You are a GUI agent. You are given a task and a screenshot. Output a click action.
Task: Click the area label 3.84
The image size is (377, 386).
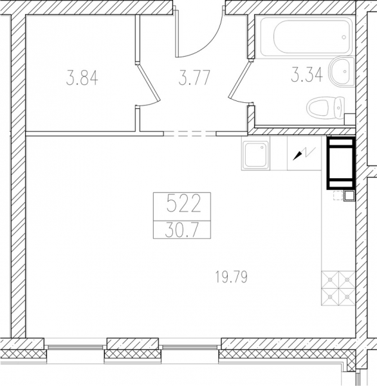[82, 78]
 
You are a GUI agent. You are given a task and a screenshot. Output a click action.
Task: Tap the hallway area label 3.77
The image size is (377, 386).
[194, 78]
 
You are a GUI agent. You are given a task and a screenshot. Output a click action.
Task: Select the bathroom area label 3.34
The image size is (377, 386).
[307, 75]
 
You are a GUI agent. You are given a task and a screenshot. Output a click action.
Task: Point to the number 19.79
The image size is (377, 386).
[231, 277]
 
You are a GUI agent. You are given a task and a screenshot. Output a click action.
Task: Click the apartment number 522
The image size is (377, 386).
[183, 203]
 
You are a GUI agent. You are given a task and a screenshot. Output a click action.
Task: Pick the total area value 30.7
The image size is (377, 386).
[181, 230]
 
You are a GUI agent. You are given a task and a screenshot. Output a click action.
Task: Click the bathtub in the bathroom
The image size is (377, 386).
[304, 37]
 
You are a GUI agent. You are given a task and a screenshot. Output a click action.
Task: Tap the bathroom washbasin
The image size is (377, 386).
[342, 71]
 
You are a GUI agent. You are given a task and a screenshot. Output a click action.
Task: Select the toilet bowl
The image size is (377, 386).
[326, 107]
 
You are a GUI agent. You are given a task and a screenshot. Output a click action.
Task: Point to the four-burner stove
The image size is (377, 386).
[338, 288]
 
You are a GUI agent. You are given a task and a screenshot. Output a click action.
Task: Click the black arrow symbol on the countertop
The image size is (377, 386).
[297, 156]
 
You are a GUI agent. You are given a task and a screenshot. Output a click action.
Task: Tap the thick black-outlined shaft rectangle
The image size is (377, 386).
[341, 163]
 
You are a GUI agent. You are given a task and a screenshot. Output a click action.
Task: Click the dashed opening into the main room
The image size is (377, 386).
[190, 134]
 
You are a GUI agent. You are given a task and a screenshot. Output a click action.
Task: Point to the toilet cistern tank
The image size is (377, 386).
[340, 107]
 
